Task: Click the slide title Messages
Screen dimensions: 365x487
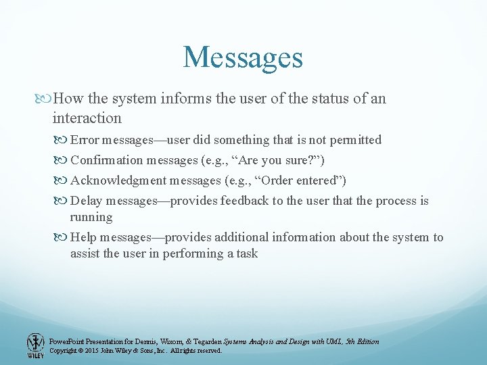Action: (243, 57)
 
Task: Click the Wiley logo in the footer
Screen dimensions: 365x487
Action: (34, 345)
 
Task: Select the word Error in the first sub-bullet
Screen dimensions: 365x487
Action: (84, 140)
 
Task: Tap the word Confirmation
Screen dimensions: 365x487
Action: (107, 160)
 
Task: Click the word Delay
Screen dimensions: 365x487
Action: (85, 201)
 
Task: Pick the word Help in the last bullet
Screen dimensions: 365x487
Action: (84, 237)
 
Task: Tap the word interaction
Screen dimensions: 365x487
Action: (87, 118)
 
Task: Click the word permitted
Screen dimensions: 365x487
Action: (355, 140)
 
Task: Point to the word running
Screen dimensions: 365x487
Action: (91, 217)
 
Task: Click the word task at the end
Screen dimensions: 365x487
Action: (246, 253)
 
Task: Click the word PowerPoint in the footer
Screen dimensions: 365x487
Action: (66, 341)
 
